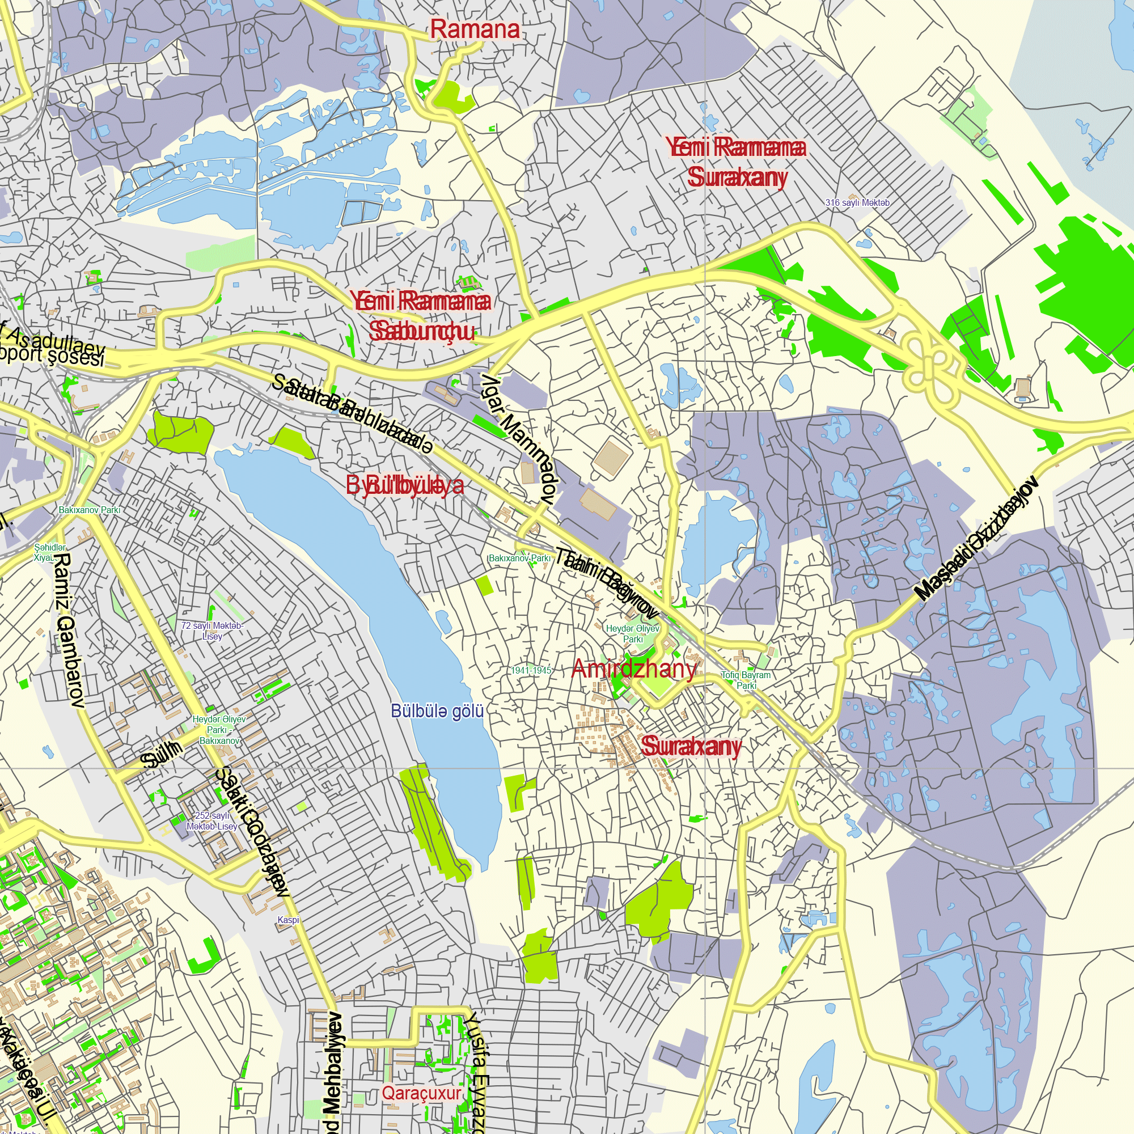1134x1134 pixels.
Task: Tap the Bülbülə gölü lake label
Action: pos(437,712)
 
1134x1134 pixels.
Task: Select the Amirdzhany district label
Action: pos(634,668)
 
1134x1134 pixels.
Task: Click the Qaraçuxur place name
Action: pos(421,1093)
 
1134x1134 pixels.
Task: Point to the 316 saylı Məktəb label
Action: pos(857,202)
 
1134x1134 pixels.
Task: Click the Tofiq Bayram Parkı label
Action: pos(746,680)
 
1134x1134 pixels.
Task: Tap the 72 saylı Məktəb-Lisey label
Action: pos(212,631)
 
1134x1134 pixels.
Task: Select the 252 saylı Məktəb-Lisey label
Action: pos(212,821)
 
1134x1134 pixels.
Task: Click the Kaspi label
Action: pos(288,920)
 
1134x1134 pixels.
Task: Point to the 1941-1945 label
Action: pos(531,670)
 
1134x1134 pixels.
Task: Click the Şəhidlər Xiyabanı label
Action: pos(50,552)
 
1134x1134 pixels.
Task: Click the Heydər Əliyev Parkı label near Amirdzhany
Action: pos(633,633)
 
